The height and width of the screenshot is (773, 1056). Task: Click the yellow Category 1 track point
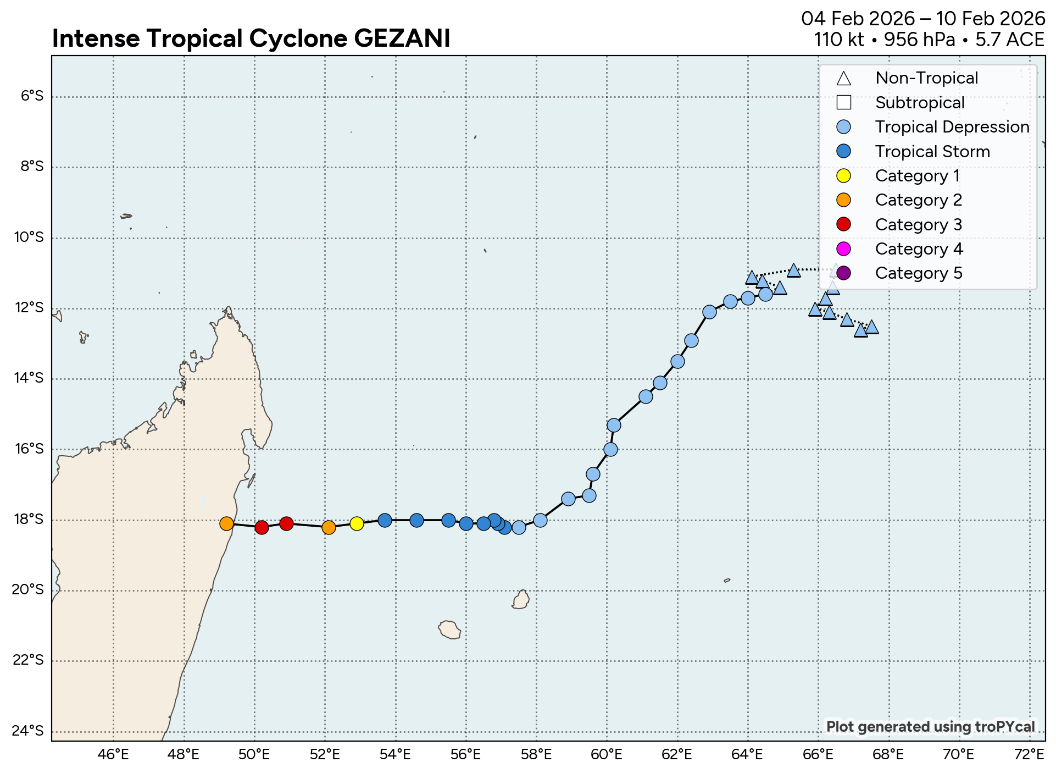357,523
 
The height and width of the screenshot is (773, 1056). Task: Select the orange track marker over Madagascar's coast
226,523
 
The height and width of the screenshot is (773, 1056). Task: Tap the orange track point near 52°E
329,527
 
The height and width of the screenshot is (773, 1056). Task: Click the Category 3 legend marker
843,224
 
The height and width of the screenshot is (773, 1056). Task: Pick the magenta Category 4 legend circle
843,249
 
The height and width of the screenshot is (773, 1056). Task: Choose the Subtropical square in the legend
843,103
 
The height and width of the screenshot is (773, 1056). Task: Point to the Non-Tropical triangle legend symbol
843,79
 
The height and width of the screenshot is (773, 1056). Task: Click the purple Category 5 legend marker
843,273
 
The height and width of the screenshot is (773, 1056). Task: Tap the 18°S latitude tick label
29,520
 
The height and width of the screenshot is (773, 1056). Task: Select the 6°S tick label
32,97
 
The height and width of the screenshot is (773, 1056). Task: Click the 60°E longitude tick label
607,754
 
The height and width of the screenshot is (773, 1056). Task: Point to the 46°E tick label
113,754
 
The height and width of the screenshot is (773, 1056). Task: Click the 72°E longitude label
1029,754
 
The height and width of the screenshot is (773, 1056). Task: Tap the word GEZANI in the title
402,38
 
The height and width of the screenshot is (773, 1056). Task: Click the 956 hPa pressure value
919,40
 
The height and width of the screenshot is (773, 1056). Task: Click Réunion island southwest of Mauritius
450,630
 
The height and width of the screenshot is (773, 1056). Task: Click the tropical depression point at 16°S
610,449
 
